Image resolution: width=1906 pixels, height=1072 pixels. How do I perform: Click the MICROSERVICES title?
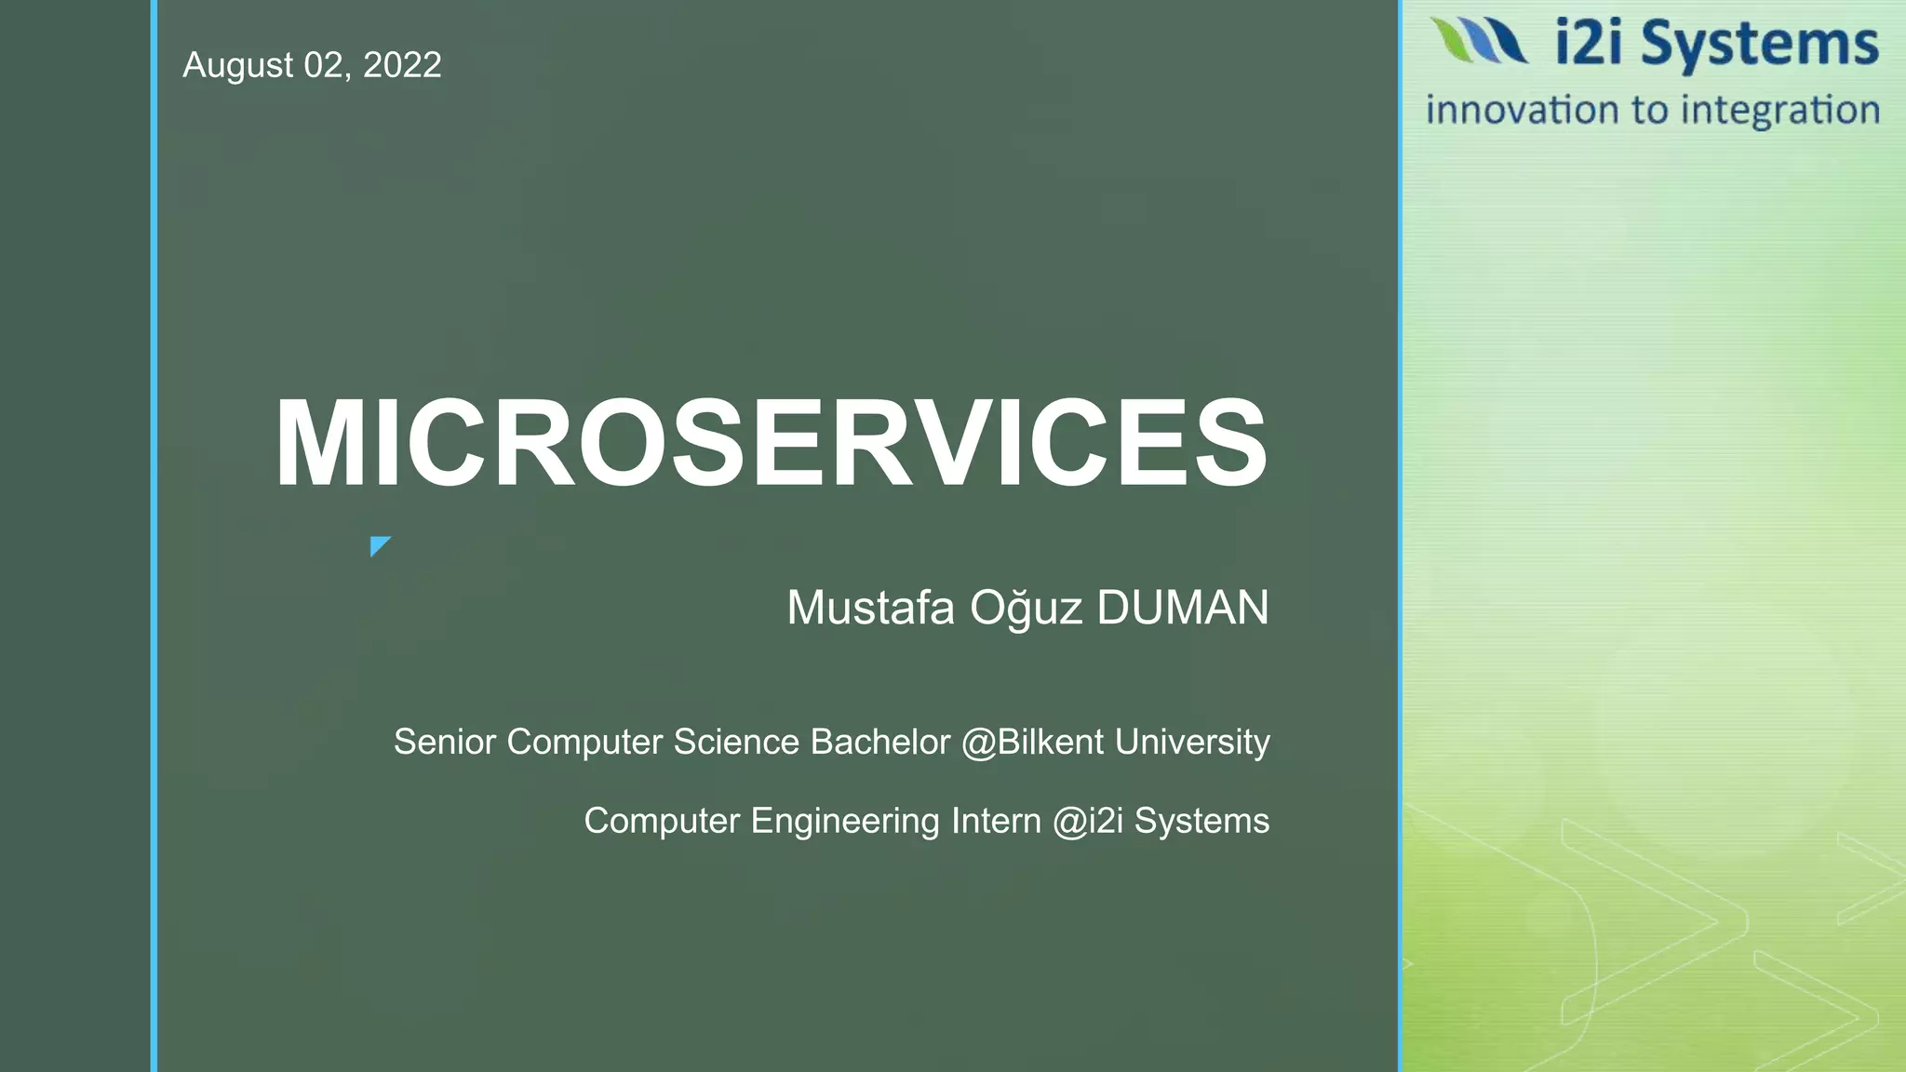pos(771,443)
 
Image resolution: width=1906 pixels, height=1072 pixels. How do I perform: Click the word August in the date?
pos(238,65)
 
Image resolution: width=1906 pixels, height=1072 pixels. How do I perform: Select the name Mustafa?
pos(871,608)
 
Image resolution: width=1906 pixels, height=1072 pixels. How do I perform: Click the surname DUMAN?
pos(1183,608)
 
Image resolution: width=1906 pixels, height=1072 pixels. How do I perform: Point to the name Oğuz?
pos(1027,608)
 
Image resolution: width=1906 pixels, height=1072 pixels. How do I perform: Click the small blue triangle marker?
pos(379,545)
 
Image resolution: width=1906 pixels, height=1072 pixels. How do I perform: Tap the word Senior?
pos(445,743)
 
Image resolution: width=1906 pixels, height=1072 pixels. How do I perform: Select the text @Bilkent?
pos(1032,743)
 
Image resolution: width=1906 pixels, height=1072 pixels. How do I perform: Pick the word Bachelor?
pos(880,743)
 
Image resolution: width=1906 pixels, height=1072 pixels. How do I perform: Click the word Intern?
pos(996,821)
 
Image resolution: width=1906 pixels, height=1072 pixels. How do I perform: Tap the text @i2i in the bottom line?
pos(1088,821)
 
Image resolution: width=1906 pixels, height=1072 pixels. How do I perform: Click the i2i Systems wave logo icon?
pos(1478,41)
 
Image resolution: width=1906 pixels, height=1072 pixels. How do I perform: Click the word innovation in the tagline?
pos(1523,110)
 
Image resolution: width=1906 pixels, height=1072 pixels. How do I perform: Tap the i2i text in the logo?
pos(1593,45)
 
